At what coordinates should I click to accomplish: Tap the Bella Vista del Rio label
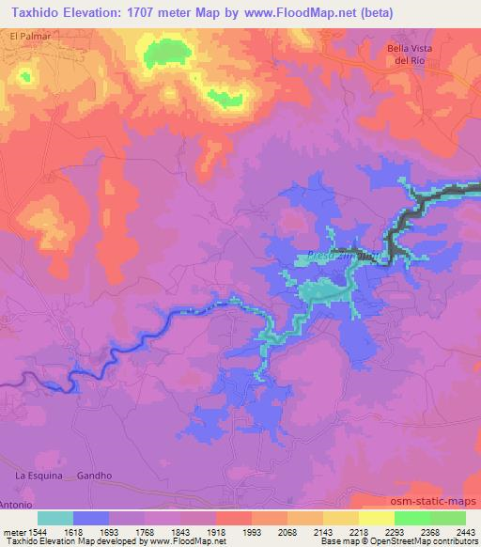[x=411, y=55]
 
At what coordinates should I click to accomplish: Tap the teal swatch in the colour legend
[x=55, y=518]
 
